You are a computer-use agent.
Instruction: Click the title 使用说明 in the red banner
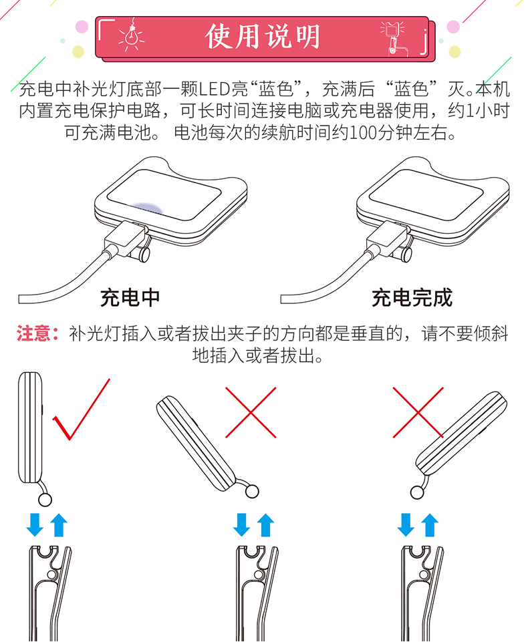(262, 37)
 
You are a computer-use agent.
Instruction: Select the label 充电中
(130, 298)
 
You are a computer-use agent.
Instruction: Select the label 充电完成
(412, 298)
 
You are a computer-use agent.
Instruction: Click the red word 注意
(34, 333)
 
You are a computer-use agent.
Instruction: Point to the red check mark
(81, 410)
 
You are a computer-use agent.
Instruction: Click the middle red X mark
(251, 412)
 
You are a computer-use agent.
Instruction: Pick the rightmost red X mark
(418, 412)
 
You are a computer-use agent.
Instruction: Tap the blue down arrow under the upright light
(35, 525)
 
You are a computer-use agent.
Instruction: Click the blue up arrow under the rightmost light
(430, 525)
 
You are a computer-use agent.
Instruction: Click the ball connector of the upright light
(45, 500)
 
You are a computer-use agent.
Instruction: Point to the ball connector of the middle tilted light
(252, 491)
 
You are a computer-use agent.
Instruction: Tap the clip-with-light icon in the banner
(393, 37)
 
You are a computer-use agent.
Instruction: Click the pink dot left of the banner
(82, 27)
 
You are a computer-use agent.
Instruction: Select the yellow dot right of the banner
(454, 51)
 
